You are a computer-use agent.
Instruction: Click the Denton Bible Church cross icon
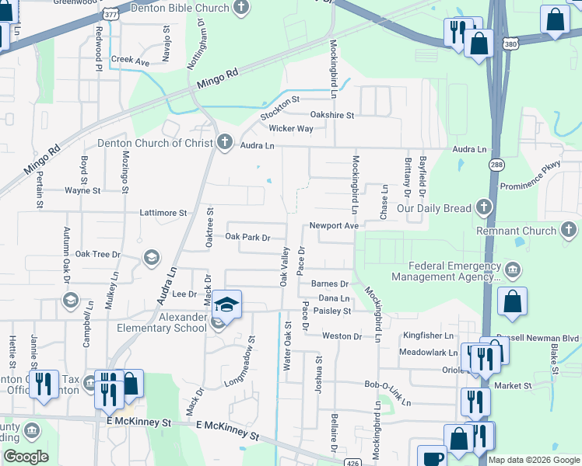coord(241,8)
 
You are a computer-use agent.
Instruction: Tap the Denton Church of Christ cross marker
coord(225,142)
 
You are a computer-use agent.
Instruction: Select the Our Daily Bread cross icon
coord(485,207)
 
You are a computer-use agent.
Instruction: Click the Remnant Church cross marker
coord(569,229)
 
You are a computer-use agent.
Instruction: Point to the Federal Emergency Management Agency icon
coord(513,270)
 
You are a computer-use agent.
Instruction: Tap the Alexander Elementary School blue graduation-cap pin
coord(226,304)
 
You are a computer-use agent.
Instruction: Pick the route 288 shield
coord(496,164)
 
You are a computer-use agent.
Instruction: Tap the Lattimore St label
coord(163,212)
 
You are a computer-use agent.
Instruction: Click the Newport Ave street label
coord(333,225)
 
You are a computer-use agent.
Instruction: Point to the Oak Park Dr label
coord(247,237)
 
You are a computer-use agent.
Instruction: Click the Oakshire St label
coord(332,115)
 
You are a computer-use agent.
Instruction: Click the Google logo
coord(26,456)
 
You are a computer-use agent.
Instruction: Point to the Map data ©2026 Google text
coord(535,460)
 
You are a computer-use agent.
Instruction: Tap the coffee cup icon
coord(432,457)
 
